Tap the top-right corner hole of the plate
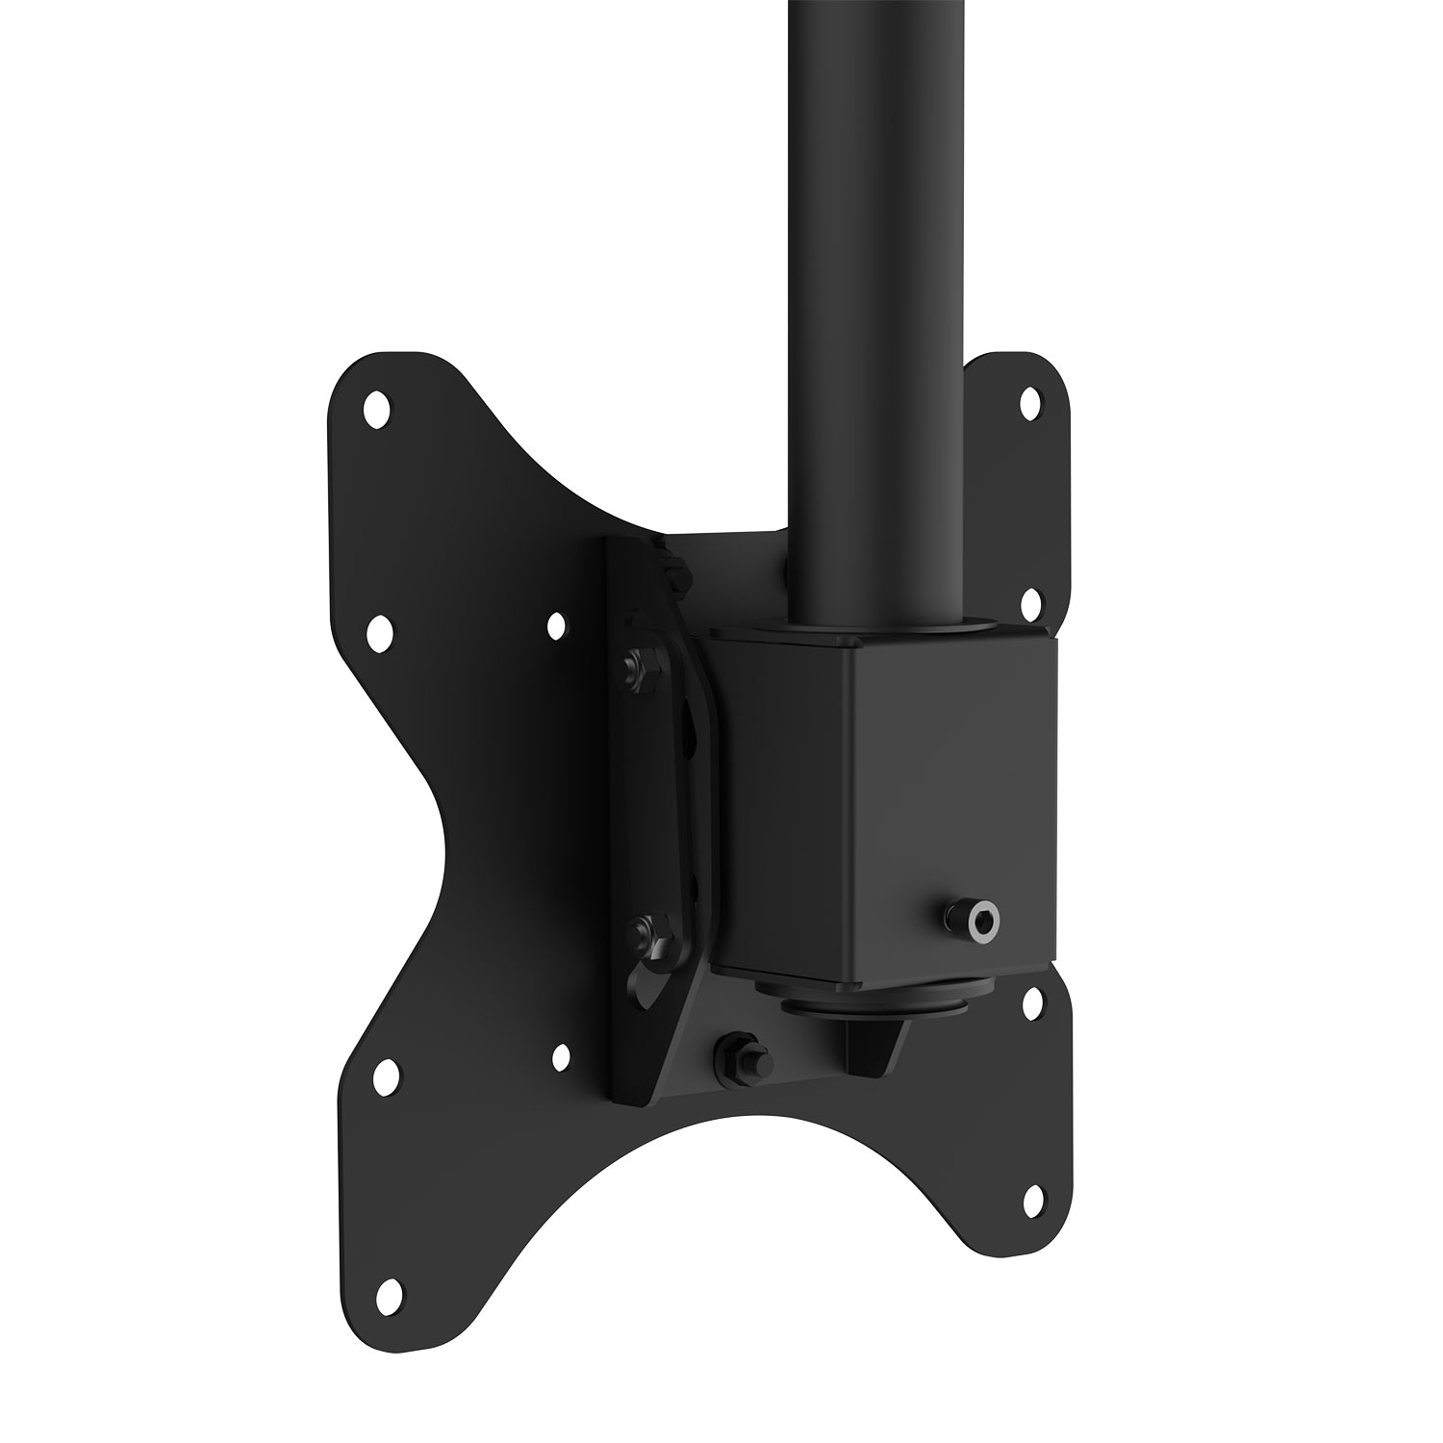click(1029, 399)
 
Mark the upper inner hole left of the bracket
click(556, 626)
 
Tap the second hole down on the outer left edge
click(380, 630)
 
